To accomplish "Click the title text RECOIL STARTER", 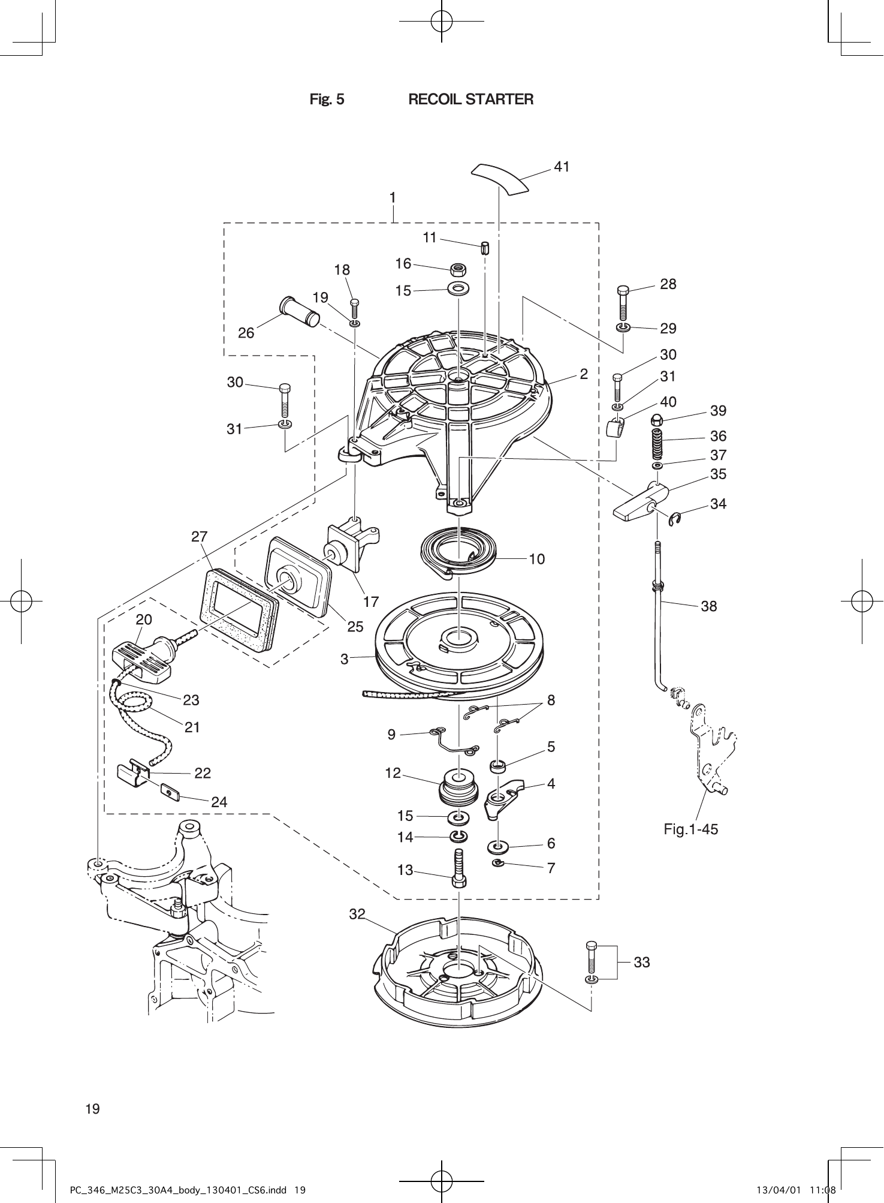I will click(x=470, y=100).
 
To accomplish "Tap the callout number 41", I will click(x=562, y=167).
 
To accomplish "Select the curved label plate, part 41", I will click(x=500, y=178).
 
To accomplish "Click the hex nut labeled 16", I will click(x=458, y=269).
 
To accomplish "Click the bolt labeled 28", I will click(x=623, y=303).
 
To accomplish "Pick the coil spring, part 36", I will click(x=657, y=443).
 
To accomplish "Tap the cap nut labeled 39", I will click(x=656, y=419).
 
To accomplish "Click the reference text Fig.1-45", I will click(x=690, y=829).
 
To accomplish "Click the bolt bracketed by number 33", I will click(x=592, y=957).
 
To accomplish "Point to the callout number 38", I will click(x=708, y=606).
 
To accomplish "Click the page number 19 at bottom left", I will click(x=92, y=1109).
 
